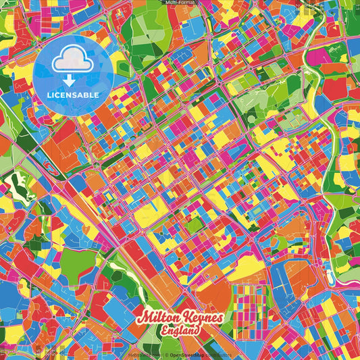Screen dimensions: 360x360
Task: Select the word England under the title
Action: click(180, 331)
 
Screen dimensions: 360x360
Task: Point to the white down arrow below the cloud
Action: click(73, 80)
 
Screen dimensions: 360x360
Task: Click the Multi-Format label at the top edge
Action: click(180, 3)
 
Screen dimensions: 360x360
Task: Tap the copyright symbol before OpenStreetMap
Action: click(166, 354)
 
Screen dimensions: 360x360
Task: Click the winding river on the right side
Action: click(331, 169)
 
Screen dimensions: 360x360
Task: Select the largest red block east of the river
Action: click(334, 88)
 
